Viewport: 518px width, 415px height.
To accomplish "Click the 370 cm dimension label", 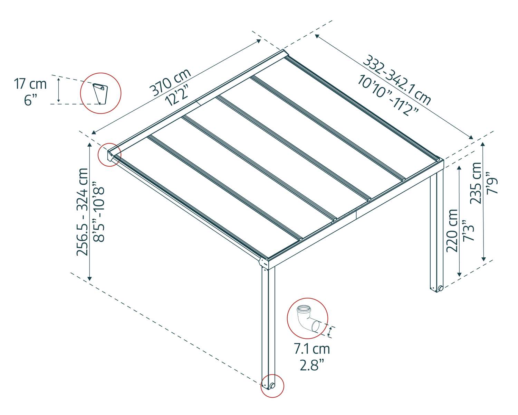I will pyautogui.click(x=170, y=82).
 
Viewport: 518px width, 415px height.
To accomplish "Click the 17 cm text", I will pyautogui.click(x=30, y=84).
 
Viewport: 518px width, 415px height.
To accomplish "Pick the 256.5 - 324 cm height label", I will pyautogui.click(x=83, y=212).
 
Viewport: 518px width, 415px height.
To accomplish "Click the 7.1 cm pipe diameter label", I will pyautogui.click(x=312, y=349).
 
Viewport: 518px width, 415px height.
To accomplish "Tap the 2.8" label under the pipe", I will pyautogui.click(x=312, y=365).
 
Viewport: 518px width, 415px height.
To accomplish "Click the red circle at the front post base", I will pyautogui.click(x=272, y=386).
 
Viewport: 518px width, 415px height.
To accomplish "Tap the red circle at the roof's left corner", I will pyautogui.click(x=109, y=155).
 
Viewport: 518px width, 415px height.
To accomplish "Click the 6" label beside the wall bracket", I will pyautogui.click(x=30, y=100).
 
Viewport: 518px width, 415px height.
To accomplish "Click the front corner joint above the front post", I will pyautogui.click(x=265, y=262).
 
